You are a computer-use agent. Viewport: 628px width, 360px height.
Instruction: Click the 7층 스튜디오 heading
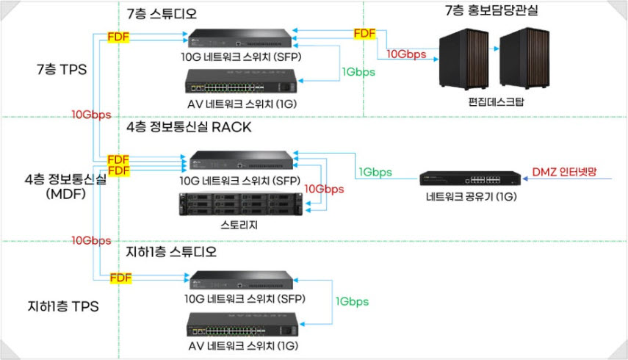tap(162, 14)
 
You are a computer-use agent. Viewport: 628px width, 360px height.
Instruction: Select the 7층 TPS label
tap(62, 70)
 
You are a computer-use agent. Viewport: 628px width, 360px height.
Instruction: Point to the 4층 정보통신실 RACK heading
tap(189, 127)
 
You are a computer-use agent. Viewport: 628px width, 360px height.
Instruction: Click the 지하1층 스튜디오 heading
tap(173, 253)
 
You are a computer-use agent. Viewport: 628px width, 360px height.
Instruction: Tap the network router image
tap(460, 179)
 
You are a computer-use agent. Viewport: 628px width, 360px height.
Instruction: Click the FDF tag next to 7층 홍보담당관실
tap(364, 34)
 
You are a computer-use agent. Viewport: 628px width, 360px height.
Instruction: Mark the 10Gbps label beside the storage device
tap(323, 189)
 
